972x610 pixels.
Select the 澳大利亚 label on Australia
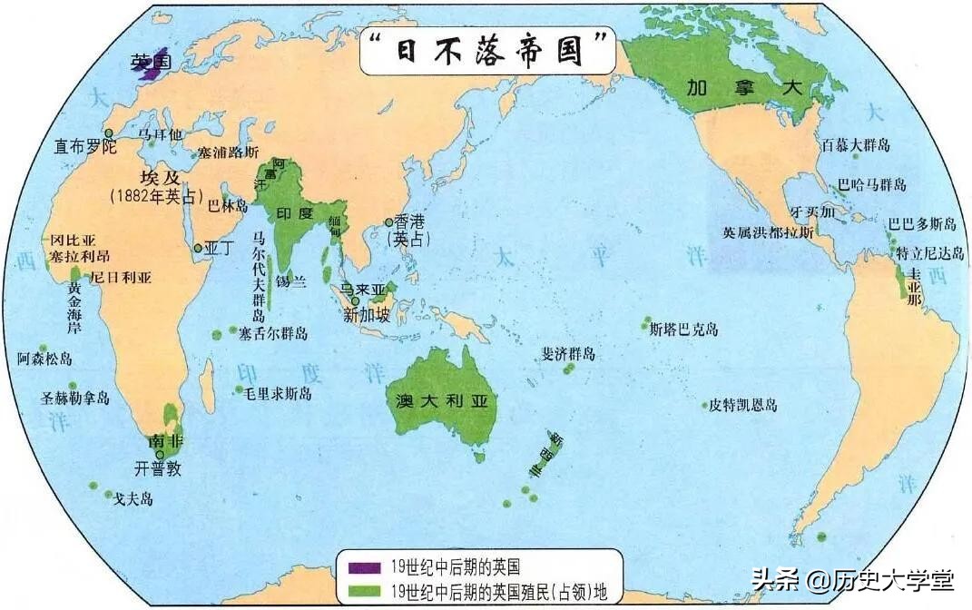[x=443, y=400]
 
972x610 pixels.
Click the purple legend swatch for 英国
[x=365, y=568]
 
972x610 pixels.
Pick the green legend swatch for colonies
[x=365, y=591]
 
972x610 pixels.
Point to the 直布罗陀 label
[x=86, y=145]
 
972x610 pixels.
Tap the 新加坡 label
[x=368, y=315]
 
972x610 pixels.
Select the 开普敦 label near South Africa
[x=159, y=469]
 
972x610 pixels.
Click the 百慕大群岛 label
[x=856, y=145]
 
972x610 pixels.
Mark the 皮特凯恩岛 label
[x=743, y=405]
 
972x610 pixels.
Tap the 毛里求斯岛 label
[x=279, y=392]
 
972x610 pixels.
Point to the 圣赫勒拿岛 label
[x=75, y=398]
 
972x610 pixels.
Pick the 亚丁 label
[x=220, y=247]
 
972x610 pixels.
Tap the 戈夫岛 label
[x=133, y=498]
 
